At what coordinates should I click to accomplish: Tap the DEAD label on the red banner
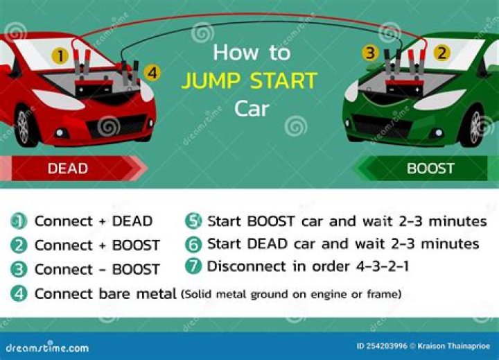(68, 169)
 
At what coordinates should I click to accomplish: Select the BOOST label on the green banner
(430, 169)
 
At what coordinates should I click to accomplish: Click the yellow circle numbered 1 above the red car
(62, 55)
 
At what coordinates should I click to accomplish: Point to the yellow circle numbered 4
(153, 72)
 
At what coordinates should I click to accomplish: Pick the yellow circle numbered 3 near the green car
(371, 53)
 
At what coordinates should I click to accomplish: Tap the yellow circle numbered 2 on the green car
(439, 53)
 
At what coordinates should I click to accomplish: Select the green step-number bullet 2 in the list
(20, 246)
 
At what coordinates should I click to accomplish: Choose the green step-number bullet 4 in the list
(20, 293)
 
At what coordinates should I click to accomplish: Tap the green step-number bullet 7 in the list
(194, 266)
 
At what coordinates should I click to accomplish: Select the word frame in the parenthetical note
(383, 294)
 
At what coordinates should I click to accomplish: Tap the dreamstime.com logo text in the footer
(47, 347)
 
